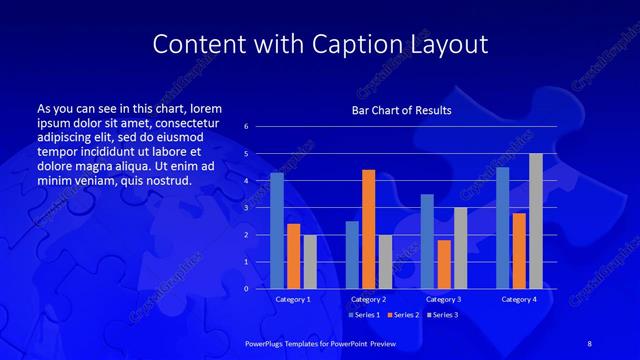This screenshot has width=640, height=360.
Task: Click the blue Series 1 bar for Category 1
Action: coord(277,231)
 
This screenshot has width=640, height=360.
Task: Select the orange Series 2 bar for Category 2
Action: coord(368,229)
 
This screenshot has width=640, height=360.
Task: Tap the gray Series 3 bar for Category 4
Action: coord(536,221)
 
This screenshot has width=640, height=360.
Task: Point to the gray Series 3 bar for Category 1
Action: coord(310,262)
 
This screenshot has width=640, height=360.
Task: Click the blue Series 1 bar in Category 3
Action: coord(427,241)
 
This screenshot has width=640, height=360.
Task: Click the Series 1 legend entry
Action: coord(365,314)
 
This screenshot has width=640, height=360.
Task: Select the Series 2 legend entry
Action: coord(402,314)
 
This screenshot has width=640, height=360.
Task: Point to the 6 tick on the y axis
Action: coord(247,127)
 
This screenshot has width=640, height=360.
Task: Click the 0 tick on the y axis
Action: coord(247,289)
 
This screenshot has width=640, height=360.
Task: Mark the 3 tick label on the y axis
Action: coord(247,208)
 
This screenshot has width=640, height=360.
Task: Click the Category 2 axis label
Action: coord(368,299)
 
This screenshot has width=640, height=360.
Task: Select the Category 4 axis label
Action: coord(519,299)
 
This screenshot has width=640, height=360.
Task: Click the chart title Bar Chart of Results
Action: coord(401,110)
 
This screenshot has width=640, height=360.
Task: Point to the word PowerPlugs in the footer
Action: coord(267,343)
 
